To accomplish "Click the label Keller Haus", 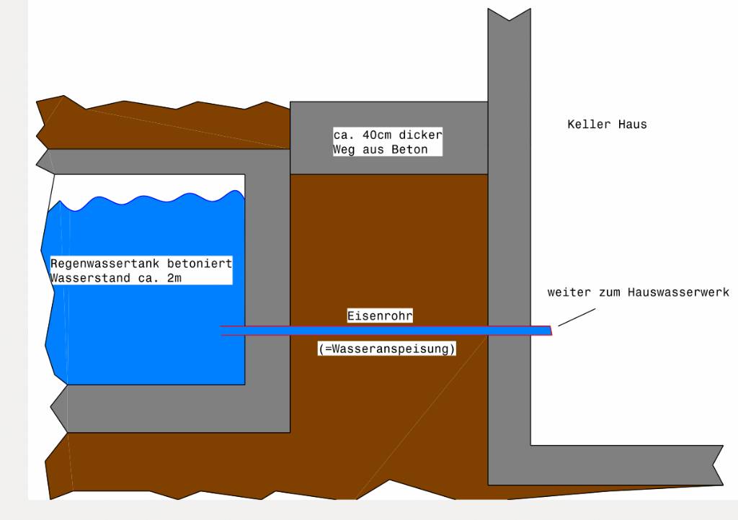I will (x=607, y=125).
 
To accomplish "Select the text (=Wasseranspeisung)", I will (x=387, y=349).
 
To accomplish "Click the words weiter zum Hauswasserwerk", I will (x=638, y=292).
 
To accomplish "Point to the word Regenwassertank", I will (x=96, y=264).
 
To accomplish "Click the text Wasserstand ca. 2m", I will (x=116, y=278).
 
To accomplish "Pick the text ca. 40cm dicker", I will (x=387, y=135).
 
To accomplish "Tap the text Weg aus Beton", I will (x=380, y=150).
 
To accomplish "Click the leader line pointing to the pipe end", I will (x=577, y=318).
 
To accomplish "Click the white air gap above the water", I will (x=144, y=184).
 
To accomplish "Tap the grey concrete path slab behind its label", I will (x=461, y=137).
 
